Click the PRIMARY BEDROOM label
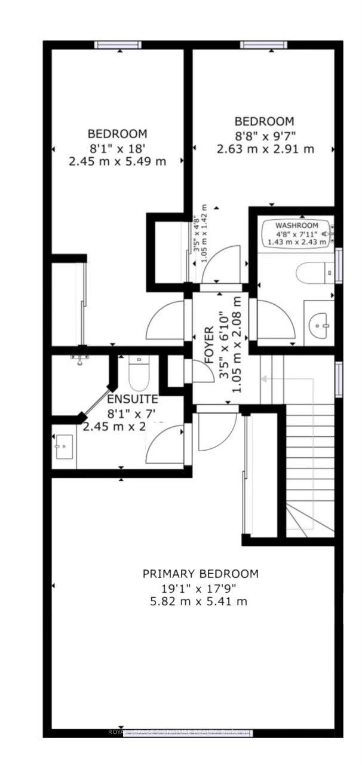click(200, 574)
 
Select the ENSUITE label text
click(133, 399)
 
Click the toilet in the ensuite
click(139, 373)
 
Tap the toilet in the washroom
click(315, 273)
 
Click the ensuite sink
click(64, 446)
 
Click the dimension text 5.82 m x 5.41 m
click(198, 601)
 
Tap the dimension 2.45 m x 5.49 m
click(117, 161)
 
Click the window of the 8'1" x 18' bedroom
click(118, 45)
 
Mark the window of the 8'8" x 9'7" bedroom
click(263, 45)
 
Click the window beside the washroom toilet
click(339, 264)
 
